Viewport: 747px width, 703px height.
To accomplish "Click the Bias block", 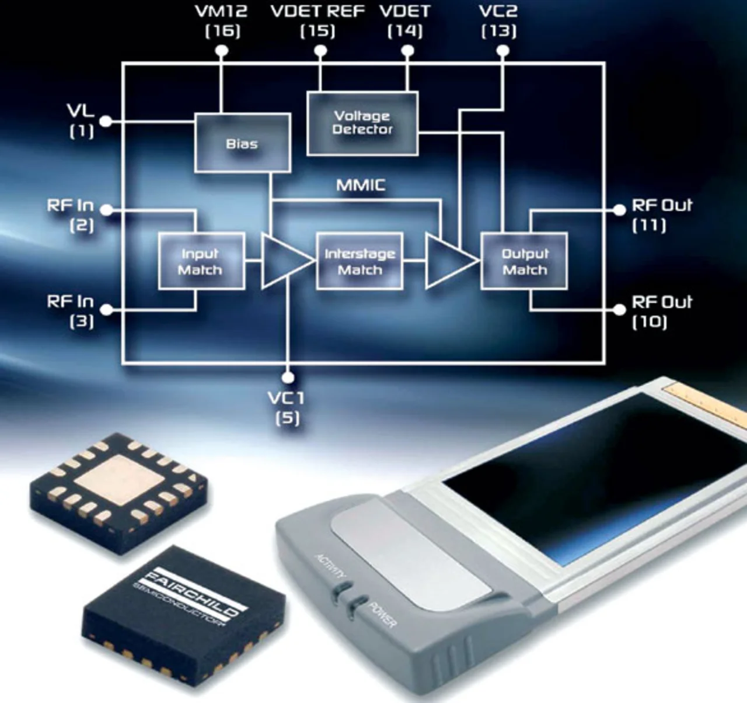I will (x=242, y=143).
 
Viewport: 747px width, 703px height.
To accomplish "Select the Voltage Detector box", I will (x=362, y=123).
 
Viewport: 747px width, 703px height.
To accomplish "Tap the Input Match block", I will (x=201, y=261).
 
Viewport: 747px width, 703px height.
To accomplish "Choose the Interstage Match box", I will (x=359, y=261).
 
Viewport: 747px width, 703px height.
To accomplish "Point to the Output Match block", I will (x=524, y=261).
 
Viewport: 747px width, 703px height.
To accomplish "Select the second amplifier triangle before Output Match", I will (x=448, y=261).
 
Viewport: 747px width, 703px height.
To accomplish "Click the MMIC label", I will (x=361, y=186).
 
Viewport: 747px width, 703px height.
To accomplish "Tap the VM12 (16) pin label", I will (x=222, y=21).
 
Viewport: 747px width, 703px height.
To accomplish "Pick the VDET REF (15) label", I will (x=317, y=21).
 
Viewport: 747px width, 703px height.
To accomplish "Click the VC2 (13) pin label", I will (x=498, y=21).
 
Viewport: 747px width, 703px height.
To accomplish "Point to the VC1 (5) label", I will (x=287, y=407).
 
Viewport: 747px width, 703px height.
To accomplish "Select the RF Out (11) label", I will (x=661, y=214).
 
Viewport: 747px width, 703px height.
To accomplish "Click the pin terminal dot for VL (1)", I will (x=106, y=122).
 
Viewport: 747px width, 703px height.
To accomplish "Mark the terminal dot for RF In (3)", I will (x=106, y=310).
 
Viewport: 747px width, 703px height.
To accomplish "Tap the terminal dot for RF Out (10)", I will (x=620, y=310).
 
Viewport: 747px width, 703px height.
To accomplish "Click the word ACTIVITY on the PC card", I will (x=331, y=565).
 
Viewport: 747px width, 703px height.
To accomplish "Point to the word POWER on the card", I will (x=383, y=614).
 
